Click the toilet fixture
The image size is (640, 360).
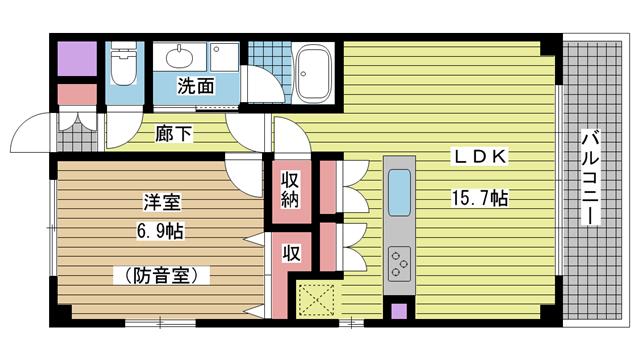pos(123,63)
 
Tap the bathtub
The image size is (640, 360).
pos(313,72)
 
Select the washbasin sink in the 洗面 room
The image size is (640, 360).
pos(179,56)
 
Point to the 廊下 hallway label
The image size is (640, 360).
pos(173,133)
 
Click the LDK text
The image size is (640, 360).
pos(480,157)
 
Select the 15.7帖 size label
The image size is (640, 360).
pos(480,198)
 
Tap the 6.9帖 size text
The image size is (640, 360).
pos(160,231)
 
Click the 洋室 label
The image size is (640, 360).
pos(162,203)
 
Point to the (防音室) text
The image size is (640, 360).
pos(162,276)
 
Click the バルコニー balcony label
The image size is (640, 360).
pos(590,178)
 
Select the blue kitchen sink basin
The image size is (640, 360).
pos(399,193)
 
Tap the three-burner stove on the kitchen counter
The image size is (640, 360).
pos(400,264)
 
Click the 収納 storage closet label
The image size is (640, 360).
pos(290,190)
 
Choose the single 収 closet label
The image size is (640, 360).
pos(291,253)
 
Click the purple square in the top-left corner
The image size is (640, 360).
pos(77,58)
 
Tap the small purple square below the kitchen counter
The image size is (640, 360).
pos(399,311)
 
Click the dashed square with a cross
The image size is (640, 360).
pos(316,300)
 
